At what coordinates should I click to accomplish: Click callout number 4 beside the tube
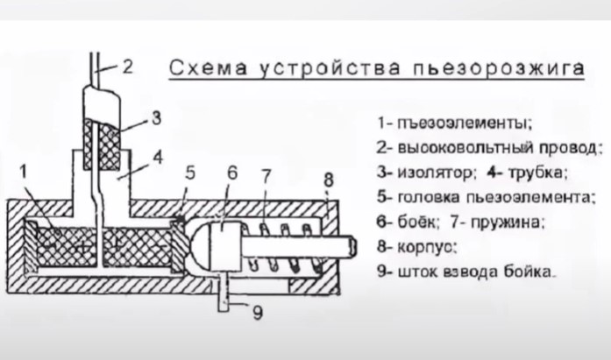click(x=158, y=159)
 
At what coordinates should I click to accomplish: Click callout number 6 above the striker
click(x=231, y=173)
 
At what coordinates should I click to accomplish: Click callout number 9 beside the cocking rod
click(x=257, y=312)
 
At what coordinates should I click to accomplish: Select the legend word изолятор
click(x=429, y=172)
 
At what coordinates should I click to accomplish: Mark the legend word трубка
click(x=540, y=172)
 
